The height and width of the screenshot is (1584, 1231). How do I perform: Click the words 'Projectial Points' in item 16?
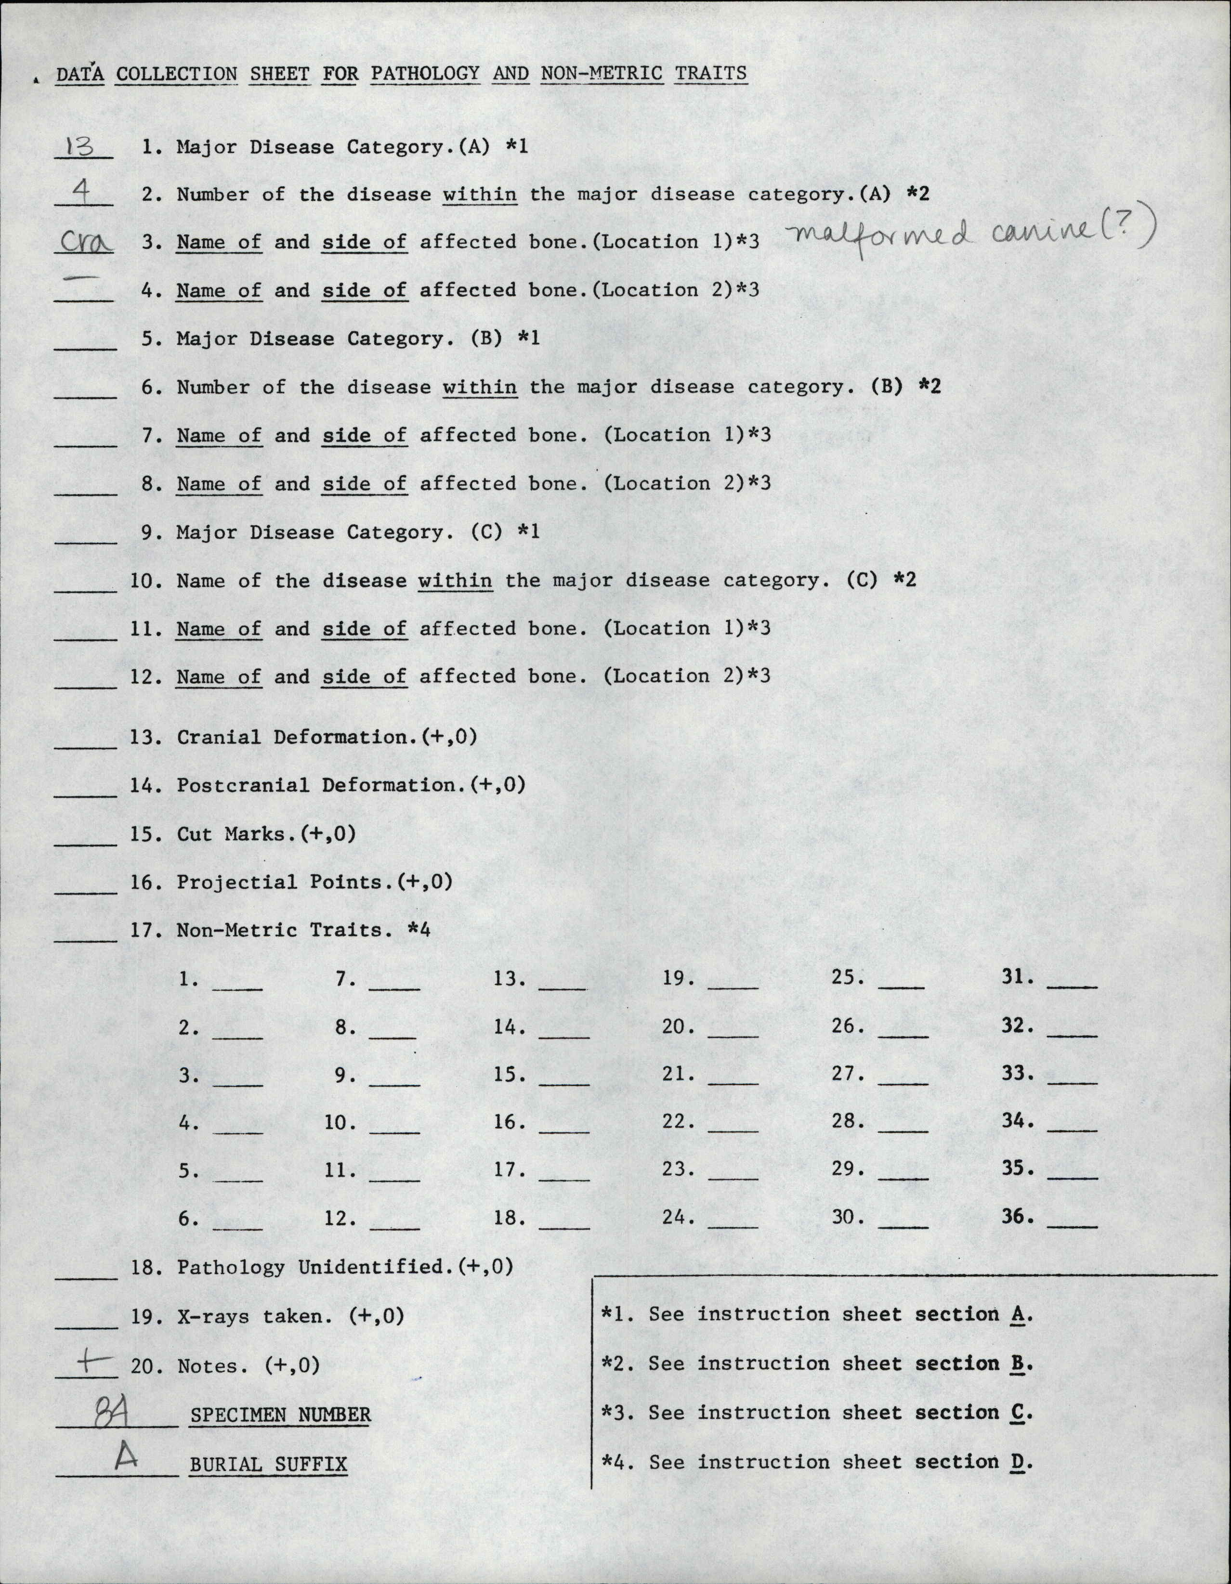coord(286,882)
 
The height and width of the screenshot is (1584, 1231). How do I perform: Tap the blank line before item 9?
coord(86,540)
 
